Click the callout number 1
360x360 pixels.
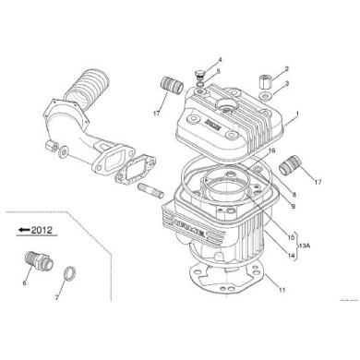click(x=296, y=120)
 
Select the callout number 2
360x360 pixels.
click(x=287, y=69)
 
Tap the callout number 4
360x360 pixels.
click(x=208, y=59)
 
